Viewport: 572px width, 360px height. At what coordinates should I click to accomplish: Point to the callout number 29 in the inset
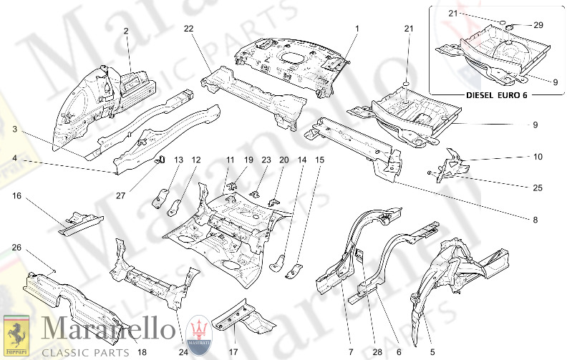pos(538,24)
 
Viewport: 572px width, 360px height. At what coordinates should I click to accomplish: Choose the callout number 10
pos(538,156)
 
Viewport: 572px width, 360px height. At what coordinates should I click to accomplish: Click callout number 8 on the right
pos(534,220)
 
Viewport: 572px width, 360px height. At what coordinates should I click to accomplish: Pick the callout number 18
pos(142,351)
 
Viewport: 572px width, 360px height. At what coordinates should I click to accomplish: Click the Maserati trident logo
pos(198,333)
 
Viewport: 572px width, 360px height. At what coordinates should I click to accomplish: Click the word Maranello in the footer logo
pos(108,330)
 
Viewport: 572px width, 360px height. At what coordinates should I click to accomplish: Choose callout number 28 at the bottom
pos(377,351)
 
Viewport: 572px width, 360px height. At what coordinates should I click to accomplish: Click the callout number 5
pos(432,351)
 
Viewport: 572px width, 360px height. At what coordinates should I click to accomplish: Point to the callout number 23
pos(266,160)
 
